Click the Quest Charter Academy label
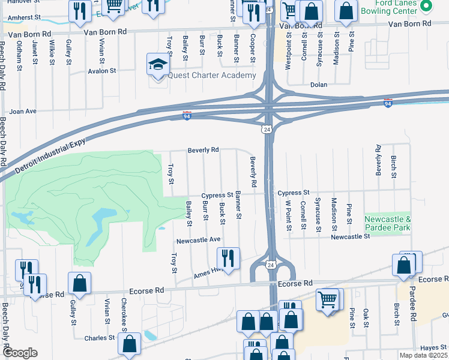click(212, 75)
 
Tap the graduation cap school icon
click(157, 64)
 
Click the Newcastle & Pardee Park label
click(388, 224)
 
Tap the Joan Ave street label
click(23, 111)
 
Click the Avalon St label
click(103, 71)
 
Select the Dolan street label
click(318, 85)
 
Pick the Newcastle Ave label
click(199, 241)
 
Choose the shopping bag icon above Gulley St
click(79, 283)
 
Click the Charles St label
click(100, 338)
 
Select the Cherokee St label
click(124, 311)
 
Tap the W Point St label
click(288, 211)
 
